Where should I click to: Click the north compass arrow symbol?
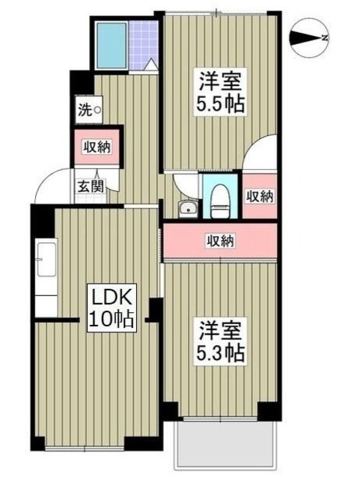308,37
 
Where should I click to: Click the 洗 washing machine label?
85,110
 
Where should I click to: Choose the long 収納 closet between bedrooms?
221,240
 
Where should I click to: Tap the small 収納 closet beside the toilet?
259,195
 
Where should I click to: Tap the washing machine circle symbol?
97,111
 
